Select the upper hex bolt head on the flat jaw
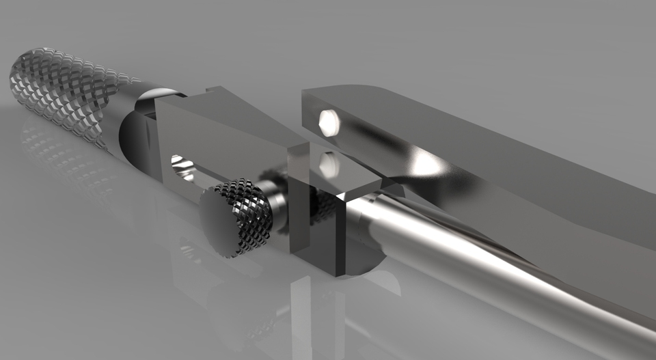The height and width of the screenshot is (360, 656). [329, 122]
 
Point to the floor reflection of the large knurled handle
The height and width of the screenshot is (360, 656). [61, 157]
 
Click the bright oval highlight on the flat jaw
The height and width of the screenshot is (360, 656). [427, 164]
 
